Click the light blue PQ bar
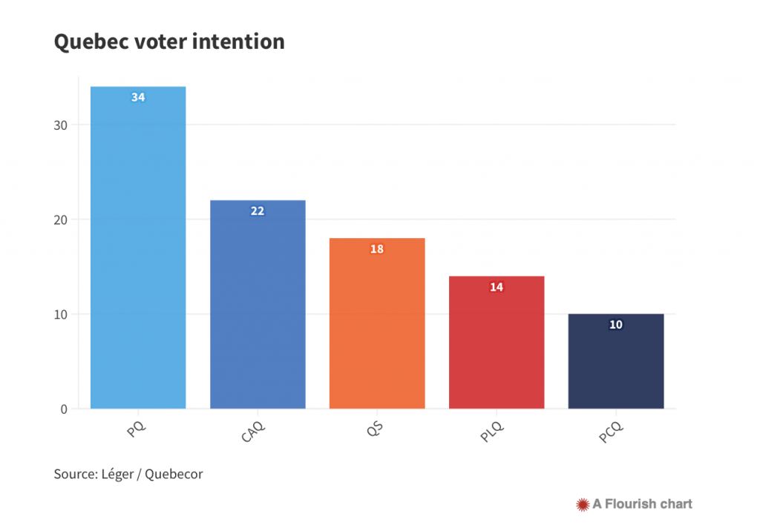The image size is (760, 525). click(138, 252)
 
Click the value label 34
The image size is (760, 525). click(138, 97)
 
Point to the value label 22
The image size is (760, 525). click(258, 211)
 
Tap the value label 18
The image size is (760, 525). click(377, 248)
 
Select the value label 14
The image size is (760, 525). click(497, 286)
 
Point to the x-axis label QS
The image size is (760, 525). click(376, 429)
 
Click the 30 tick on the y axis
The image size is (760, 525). click(60, 125)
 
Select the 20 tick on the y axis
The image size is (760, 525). click(60, 219)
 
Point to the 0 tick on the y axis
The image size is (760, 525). click(64, 409)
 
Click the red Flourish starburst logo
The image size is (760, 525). click(583, 504)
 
